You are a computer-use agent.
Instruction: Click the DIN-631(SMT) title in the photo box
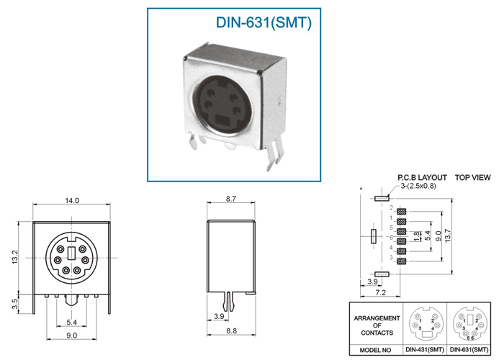coord(264,23)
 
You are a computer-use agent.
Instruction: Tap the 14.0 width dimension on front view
coord(72,201)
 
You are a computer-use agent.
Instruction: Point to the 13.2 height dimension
coord(15,258)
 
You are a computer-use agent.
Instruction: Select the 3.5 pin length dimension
coord(15,304)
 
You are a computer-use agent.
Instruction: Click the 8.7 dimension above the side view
coord(231,199)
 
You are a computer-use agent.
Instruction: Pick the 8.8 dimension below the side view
coord(231,330)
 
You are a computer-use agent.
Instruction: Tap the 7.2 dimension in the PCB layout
coord(380,292)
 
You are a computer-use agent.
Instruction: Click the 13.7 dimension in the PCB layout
coord(448,236)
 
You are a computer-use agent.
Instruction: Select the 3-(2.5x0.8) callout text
coord(418,186)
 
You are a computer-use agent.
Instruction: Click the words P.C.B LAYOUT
coord(422,177)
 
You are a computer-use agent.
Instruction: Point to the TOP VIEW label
coord(473,177)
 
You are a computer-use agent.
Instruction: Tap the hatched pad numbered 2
coord(402,212)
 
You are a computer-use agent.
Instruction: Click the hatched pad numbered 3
coord(402,261)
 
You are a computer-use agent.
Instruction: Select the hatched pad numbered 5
coord(402,231)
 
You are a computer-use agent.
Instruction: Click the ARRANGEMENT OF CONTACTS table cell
coord(377,325)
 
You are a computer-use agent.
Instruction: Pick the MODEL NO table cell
coord(375,350)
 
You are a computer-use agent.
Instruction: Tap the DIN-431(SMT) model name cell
coord(425,350)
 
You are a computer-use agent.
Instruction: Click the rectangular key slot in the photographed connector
coord(222,120)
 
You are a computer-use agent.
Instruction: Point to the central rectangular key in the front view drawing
coord(72,253)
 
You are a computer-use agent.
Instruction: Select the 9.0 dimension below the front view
coord(71,336)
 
